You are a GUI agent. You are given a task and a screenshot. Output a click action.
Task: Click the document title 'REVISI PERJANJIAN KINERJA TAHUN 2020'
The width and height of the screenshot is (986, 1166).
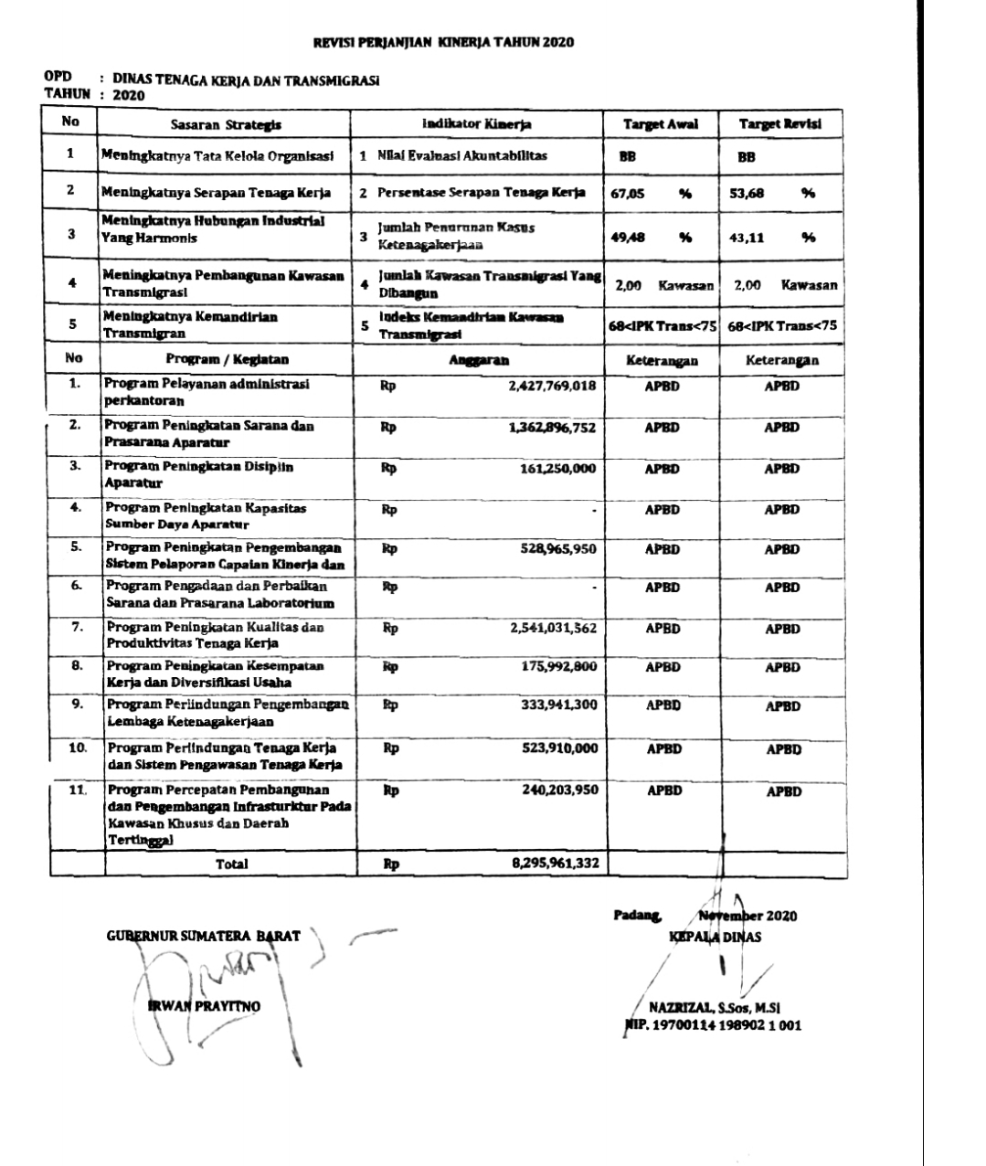(444, 43)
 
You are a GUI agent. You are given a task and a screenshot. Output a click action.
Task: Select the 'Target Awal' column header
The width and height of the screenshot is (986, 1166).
(660, 124)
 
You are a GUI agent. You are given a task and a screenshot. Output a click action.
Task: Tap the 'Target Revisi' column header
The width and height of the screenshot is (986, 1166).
(779, 124)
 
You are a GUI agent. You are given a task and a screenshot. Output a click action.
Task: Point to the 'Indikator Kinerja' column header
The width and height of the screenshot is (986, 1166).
(476, 124)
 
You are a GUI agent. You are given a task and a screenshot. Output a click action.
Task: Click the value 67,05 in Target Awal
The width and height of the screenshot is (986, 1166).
(628, 194)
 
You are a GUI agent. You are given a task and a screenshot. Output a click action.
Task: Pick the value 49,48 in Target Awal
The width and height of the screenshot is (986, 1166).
(628, 238)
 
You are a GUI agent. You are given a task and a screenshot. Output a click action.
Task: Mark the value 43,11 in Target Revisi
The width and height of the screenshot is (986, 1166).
(747, 238)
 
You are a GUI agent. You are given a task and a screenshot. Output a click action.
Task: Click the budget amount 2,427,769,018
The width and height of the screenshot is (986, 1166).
(552, 387)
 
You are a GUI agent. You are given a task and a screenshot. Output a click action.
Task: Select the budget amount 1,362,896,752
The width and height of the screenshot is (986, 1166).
(552, 428)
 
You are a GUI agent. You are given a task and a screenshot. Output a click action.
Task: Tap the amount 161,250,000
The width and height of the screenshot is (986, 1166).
(558, 469)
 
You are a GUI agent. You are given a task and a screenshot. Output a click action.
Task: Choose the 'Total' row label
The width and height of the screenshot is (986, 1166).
(231, 864)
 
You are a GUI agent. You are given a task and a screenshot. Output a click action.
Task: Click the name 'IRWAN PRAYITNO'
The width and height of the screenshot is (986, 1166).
(204, 1007)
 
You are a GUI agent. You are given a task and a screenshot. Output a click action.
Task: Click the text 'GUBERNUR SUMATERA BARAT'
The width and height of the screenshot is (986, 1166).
(204, 936)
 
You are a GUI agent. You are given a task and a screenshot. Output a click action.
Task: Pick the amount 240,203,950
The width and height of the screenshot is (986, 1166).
(559, 790)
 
